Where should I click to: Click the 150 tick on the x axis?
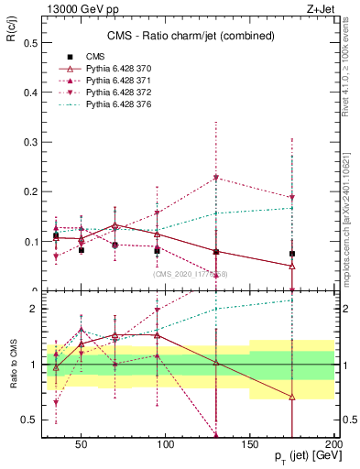(250, 443)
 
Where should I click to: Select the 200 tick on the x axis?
(333, 443)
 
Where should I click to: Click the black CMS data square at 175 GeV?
(292, 254)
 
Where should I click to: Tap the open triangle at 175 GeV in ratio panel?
(292, 397)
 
